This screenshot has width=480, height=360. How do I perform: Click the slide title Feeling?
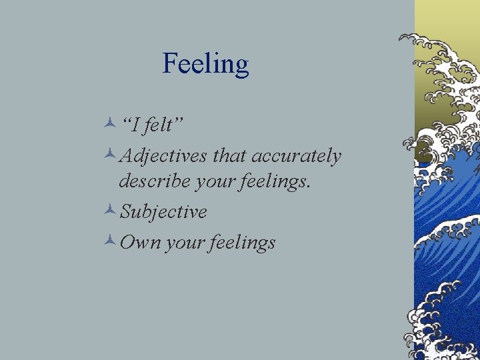pyautogui.click(x=205, y=65)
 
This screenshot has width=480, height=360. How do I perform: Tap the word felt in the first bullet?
pyautogui.click(x=161, y=124)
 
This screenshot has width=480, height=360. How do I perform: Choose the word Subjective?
pyautogui.click(x=163, y=212)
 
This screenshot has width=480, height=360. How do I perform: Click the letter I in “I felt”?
pyautogui.click(x=135, y=124)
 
